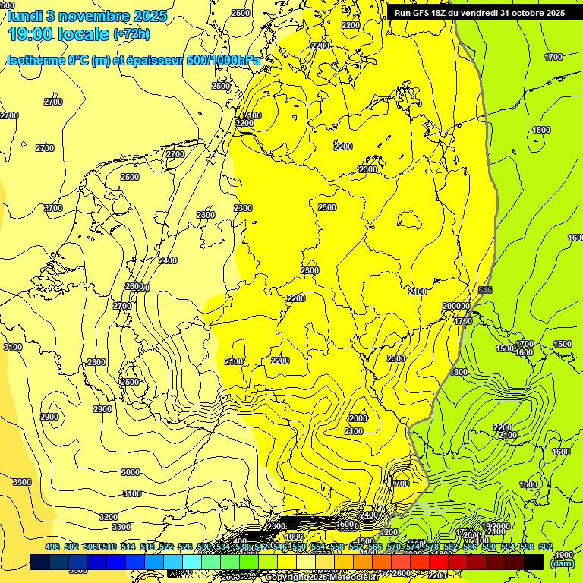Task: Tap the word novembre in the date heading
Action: (97, 15)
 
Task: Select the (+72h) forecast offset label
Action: (131, 34)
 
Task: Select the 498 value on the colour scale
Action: (52, 547)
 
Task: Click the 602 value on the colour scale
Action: (545, 547)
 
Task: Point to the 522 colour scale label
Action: (165, 547)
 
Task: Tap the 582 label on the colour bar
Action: (451, 547)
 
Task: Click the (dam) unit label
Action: (562, 563)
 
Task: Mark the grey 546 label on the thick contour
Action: (486, 290)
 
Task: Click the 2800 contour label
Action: (96, 362)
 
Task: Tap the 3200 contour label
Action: (109, 516)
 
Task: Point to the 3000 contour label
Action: (131, 472)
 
